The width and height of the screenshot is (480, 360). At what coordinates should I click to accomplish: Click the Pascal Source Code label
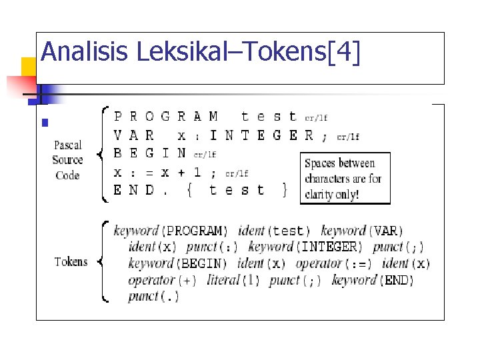tap(67, 160)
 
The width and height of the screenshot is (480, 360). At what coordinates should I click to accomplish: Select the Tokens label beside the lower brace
tap(71, 261)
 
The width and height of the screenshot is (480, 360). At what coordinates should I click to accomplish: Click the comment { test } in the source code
tap(237, 190)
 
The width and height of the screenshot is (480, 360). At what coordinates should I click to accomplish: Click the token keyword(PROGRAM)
tap(171, 231)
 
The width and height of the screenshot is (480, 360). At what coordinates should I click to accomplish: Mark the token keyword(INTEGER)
tap(305, 247)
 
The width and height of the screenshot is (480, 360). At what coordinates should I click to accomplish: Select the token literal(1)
tap(233, 280)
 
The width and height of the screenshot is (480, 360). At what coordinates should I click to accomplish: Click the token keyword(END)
tap(373, 280)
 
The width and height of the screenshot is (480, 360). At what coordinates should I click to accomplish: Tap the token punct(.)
tap(153, 296)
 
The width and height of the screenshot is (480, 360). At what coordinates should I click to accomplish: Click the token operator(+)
tap(162, 280)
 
